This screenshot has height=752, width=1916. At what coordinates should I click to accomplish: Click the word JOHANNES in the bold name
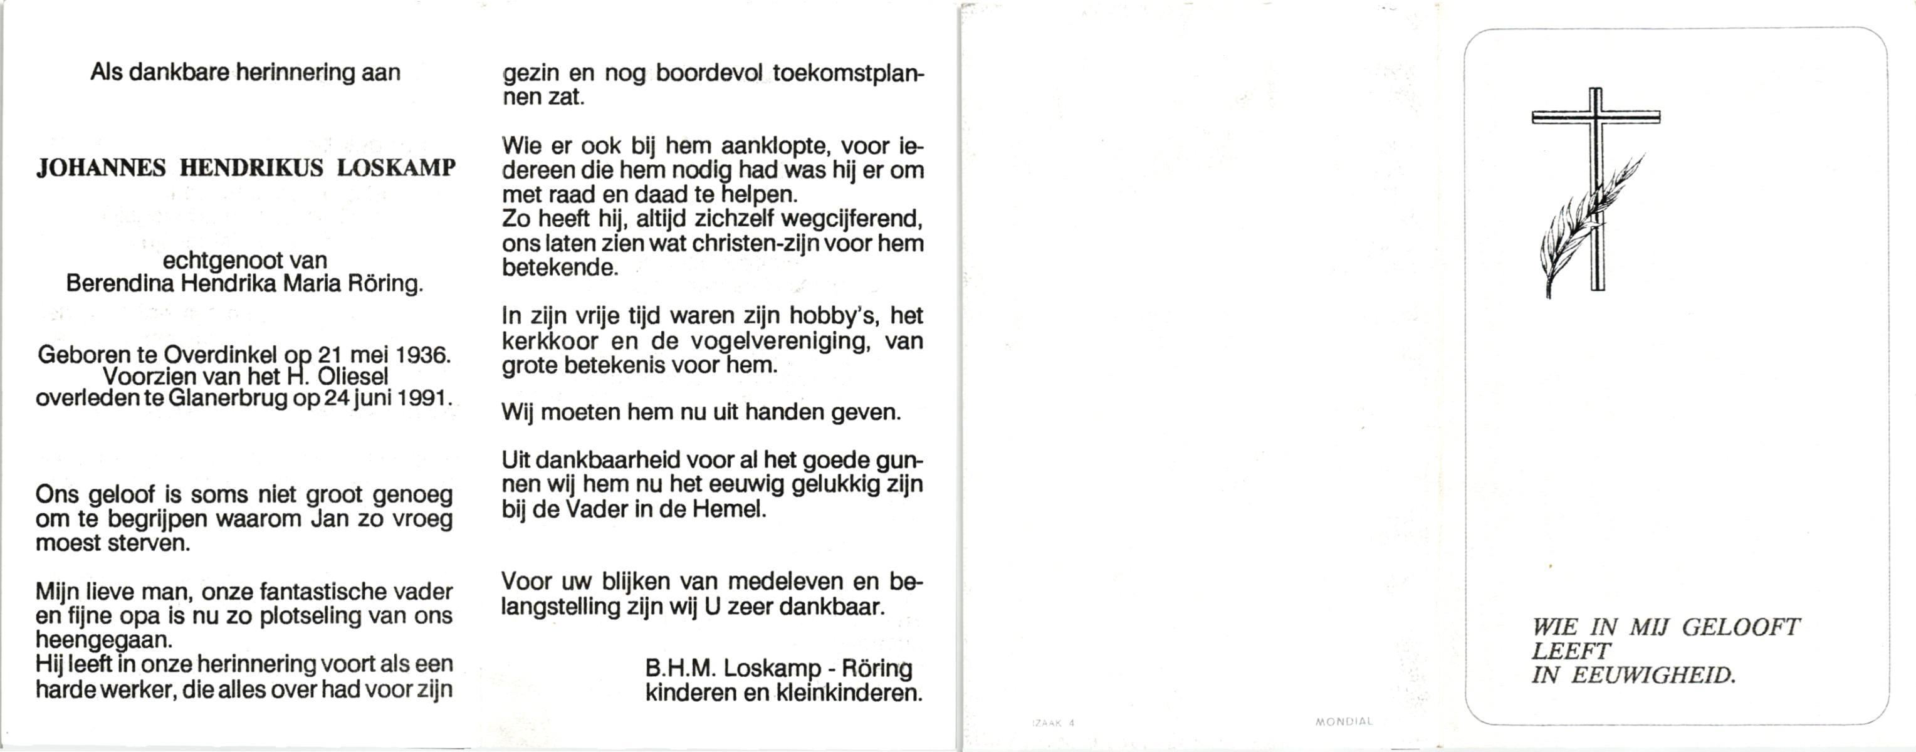(x=101, y=169)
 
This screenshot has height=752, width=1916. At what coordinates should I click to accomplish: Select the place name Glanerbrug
(x=228, y=399)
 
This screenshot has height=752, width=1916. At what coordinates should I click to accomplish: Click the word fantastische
(x=323, y=592)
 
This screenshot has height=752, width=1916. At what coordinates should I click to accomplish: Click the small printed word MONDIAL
(x=1344, y=721)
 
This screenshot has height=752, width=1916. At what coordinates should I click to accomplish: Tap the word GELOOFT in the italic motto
(x=1741, y=628)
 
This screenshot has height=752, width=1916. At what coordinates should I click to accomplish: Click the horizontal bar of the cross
(x=1596, y=117)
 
